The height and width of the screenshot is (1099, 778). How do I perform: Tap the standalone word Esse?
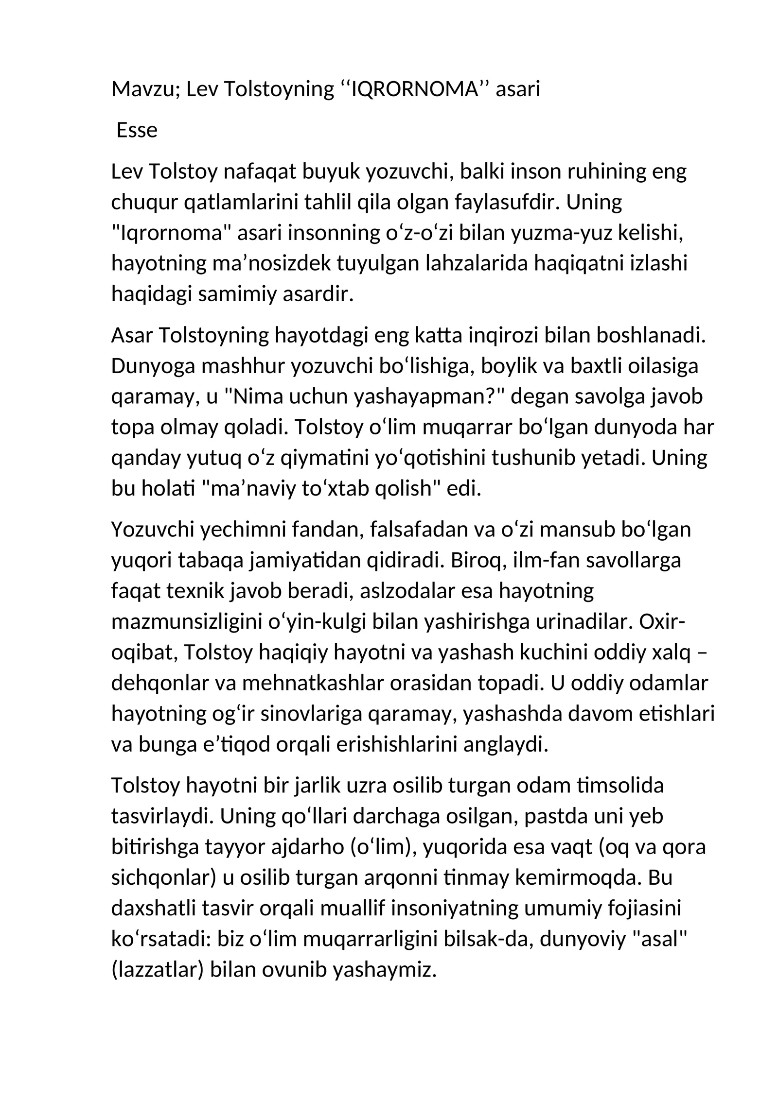[x=137, y=130]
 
